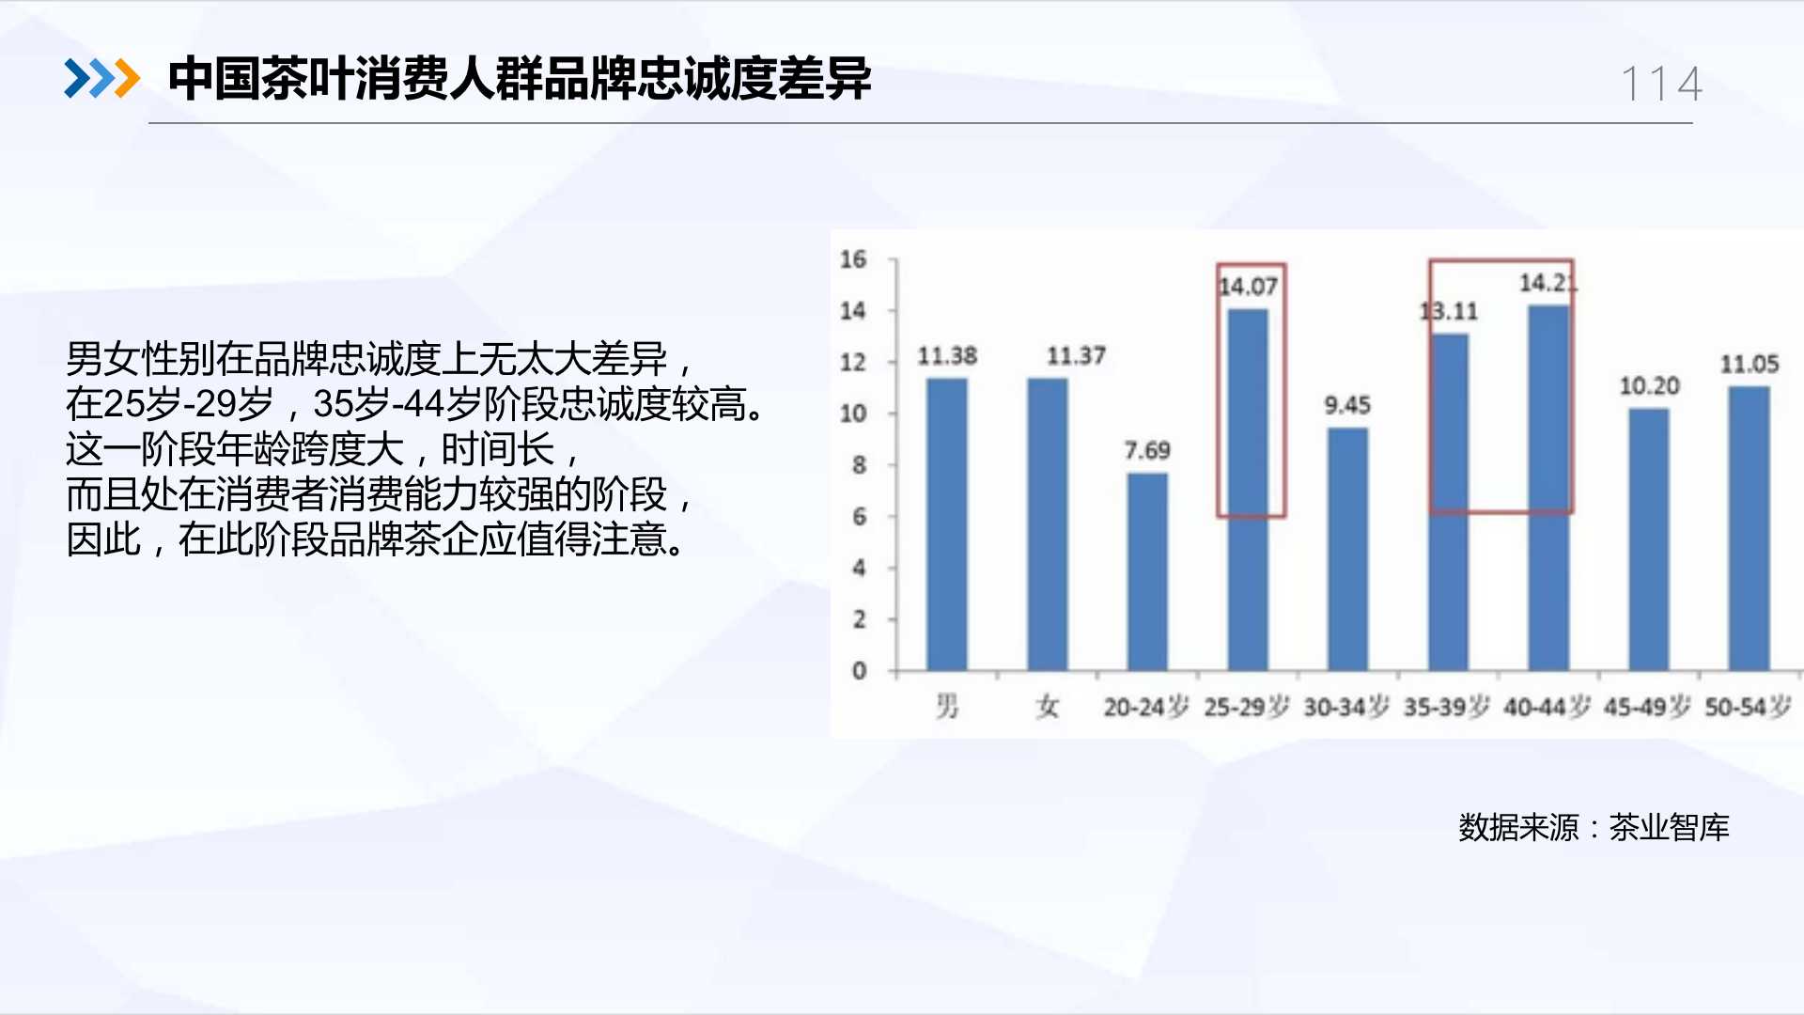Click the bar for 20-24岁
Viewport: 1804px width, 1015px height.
click(1147, 571)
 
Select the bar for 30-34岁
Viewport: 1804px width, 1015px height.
click(1347, 549)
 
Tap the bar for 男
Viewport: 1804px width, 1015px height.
click(947, 524)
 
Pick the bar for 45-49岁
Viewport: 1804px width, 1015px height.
click(1649, 539)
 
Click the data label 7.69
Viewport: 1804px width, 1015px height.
click(1147, 451)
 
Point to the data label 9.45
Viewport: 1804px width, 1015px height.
click(1347, 405)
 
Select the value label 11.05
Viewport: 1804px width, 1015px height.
click(1750, 364)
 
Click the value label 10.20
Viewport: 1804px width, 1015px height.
click(1649, 385)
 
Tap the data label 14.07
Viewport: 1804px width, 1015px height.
click(1248, 286)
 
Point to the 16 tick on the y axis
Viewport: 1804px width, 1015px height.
click(853, 259)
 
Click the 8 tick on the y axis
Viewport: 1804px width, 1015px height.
click(859, 465)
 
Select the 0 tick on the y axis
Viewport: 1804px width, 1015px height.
click(859, 671)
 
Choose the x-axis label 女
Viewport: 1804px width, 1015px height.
click(1048, 706)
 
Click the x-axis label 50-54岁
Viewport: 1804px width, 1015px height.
click(1749, 706)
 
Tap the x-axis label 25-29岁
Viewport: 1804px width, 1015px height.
click(1247, 706)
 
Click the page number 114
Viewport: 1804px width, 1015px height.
click(1662, 84)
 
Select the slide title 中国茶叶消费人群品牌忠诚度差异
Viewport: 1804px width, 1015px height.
click(520, 78)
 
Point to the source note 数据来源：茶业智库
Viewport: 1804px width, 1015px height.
click(1594, 827)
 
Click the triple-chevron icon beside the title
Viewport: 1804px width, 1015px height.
click(101, 78)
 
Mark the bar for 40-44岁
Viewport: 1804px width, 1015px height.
click(1548, 488)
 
